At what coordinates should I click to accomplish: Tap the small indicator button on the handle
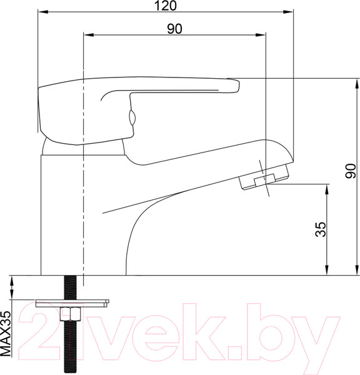132,117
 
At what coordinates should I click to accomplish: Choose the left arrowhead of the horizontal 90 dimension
87,35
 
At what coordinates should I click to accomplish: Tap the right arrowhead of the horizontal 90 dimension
262,35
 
